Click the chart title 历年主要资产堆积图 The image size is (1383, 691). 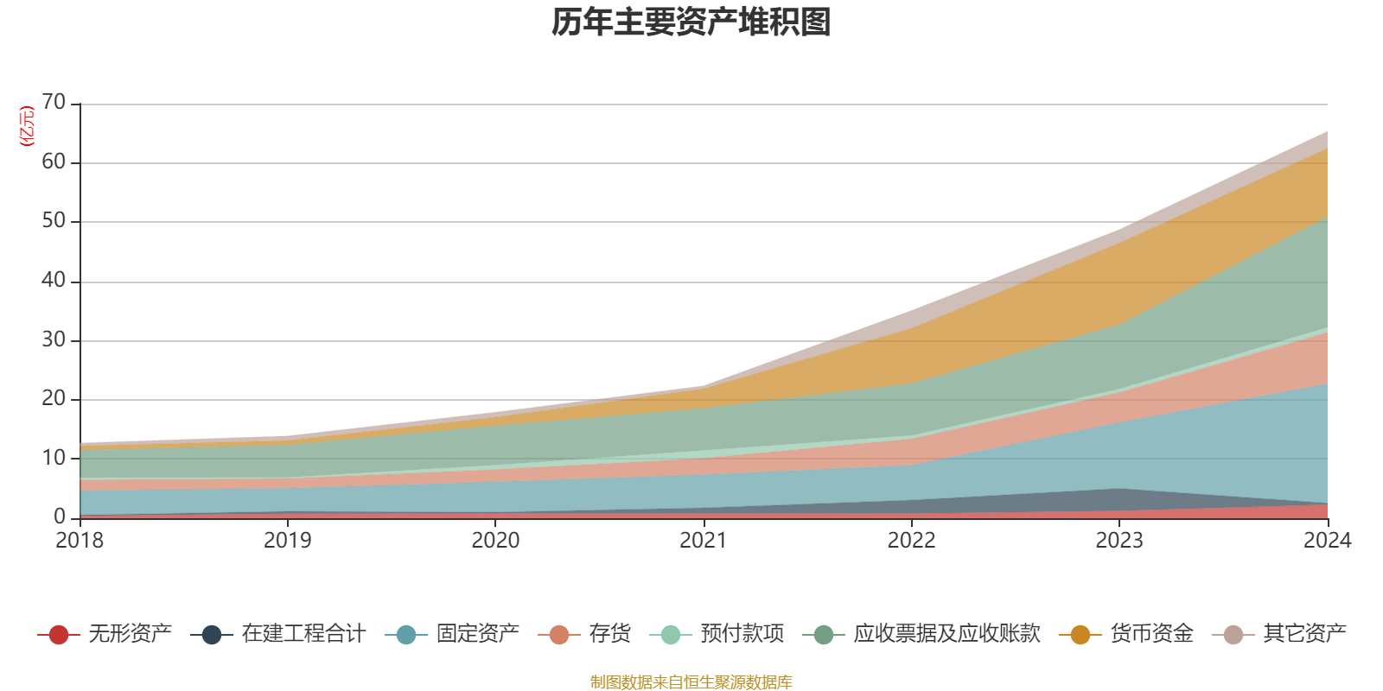tap(691, 22)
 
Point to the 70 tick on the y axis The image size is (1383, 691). tap(54, 103)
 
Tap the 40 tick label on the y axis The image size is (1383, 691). tap(54, 281)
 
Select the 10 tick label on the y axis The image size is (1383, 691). tap(54, 458)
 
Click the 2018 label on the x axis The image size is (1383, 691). tap(80, 541)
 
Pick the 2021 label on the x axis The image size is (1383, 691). tap(703, 541)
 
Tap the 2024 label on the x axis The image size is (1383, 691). tap(1327, 541)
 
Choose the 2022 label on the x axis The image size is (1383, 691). tap(911, 541)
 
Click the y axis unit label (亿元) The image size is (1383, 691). tap(27, 126)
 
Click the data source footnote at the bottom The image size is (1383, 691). tap(691, 682)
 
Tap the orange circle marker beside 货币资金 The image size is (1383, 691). tap(1080, 635)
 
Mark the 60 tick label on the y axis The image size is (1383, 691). tap(54, 162)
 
